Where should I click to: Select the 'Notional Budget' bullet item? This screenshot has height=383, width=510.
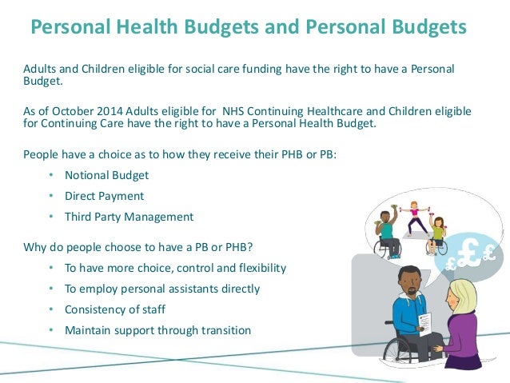(x=107, y=175)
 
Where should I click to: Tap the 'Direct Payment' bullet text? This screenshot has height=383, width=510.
(x=105, y=196)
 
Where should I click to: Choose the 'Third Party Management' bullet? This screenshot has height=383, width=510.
(x=129, y=217)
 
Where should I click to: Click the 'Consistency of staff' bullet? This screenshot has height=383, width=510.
(x=114, y=309)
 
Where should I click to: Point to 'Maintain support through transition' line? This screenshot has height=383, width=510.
(x=158, y=330)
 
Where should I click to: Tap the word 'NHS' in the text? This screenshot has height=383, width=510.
(x=221, y=110)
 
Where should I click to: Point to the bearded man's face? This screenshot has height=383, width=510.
(x=410, y=281)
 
